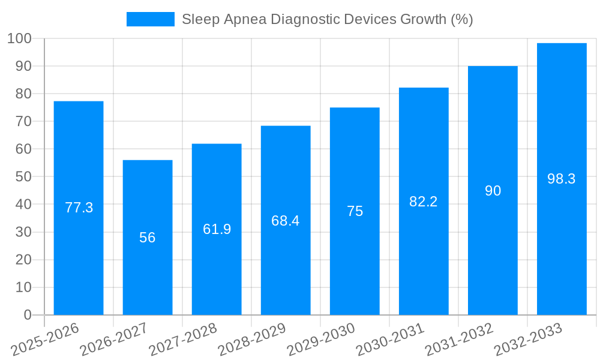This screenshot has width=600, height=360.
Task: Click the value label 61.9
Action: [x=217, y=229]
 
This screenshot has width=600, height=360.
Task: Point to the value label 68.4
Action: [x=286, y=221]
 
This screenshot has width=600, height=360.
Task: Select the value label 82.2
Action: [x=424, y=202]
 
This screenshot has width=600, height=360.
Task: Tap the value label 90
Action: [x=493, y=191]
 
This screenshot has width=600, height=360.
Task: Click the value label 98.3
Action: [x=562, y=179]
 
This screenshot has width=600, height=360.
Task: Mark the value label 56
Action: [x=148, y=238]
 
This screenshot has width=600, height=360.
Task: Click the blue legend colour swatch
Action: [x=150, y=19]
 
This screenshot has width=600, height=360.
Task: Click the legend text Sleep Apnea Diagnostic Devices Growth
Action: [x=327, y=19]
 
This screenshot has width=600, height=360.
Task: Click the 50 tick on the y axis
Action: [x=23, y=176]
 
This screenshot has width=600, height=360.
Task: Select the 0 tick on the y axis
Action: [x=27, y=315]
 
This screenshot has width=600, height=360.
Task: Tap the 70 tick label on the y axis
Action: [x=23, y=121]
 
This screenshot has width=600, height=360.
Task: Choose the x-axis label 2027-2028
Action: [x=184, y=339]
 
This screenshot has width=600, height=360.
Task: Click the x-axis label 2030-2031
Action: [x=391, y=339]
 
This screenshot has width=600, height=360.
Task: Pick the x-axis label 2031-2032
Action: [x=460, y=339]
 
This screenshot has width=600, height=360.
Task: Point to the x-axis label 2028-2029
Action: [x=253, y=339]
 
